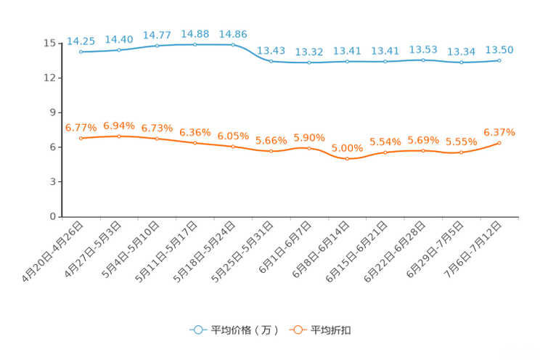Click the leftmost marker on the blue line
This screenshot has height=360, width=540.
coord(81,52)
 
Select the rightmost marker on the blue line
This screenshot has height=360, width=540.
coord(499,60)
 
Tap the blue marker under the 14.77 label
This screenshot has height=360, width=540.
coord(157,46)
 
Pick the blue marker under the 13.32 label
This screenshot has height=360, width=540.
coord(309,63)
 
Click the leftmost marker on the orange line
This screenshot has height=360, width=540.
coord(81,138)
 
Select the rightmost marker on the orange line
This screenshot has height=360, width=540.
coord(499,142)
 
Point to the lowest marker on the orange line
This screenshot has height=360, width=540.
coord(348,158)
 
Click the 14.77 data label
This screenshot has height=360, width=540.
coord(157,34)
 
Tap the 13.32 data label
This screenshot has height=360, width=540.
coord(309,52)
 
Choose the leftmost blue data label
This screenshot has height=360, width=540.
coord(81,40)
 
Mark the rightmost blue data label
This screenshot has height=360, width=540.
coord(499,49)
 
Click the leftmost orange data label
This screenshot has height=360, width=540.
coord(81,127)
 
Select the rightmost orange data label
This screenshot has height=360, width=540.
coord(499,131)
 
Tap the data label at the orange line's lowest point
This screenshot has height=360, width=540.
coord(348,147)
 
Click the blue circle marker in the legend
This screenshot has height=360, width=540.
coord(197,330)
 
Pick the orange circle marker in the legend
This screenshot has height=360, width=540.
coord(296,330)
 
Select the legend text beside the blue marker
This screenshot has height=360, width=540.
coord(244,330)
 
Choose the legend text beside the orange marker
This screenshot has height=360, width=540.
coord(332,330)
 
